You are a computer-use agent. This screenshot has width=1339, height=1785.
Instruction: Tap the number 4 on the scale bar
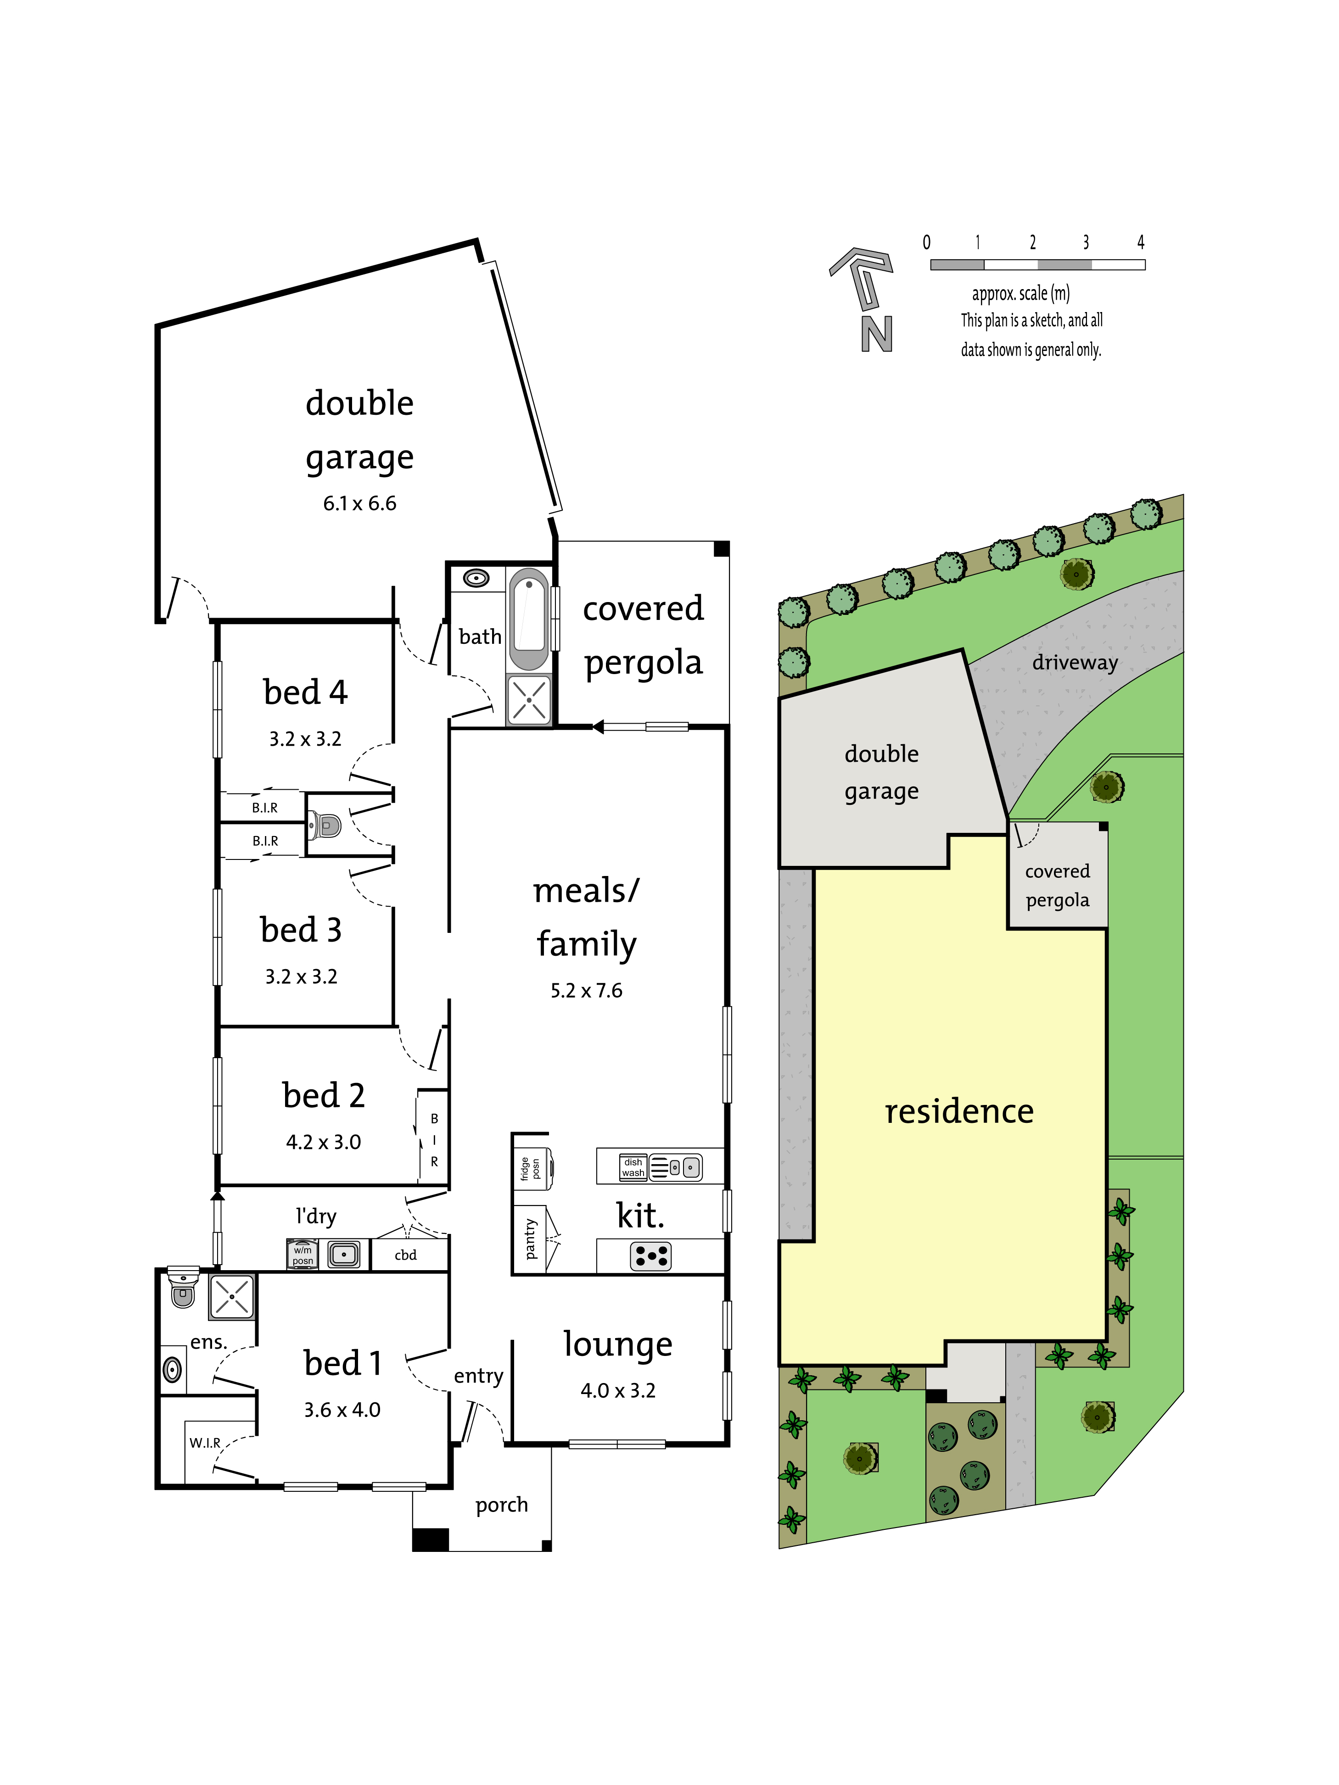(x=1140, y=242)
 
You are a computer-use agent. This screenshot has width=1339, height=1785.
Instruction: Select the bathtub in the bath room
(x=529, y=619)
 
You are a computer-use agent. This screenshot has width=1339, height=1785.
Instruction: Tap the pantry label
(x=530, y=1238)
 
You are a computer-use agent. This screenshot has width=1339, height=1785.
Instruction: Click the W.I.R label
(x=205, y=1443)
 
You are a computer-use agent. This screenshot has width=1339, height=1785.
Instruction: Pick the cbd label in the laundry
(x=405, y=1255)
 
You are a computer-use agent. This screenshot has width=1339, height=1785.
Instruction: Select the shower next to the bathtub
(x=529, y=699)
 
